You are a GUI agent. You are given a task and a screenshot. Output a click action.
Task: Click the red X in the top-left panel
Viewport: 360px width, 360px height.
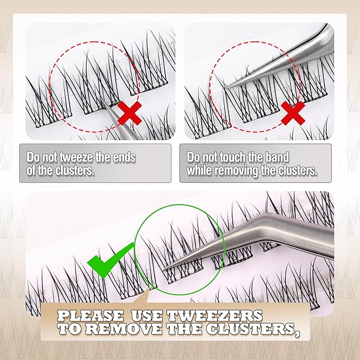point(130,113)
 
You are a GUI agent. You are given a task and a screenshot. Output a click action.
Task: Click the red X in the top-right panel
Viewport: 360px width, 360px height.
point(293,113)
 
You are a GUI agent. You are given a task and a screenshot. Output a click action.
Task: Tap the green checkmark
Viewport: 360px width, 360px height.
point(110,260)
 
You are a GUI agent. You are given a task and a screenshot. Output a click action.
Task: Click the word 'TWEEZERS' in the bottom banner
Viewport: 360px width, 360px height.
point(215,315)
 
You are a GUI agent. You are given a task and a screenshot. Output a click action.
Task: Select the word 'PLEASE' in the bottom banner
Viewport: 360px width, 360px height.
point(90,315)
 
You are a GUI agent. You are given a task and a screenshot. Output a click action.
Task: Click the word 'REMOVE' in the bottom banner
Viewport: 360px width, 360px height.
point(125,329)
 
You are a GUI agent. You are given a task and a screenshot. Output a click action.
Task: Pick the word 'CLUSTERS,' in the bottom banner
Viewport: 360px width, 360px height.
point(253,329)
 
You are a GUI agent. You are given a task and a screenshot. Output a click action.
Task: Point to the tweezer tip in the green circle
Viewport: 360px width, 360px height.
point(165,269)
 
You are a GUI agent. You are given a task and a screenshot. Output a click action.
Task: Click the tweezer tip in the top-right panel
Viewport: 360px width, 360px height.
point(227,87)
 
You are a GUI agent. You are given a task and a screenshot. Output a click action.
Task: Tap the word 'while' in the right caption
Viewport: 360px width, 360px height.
point(199,170)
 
